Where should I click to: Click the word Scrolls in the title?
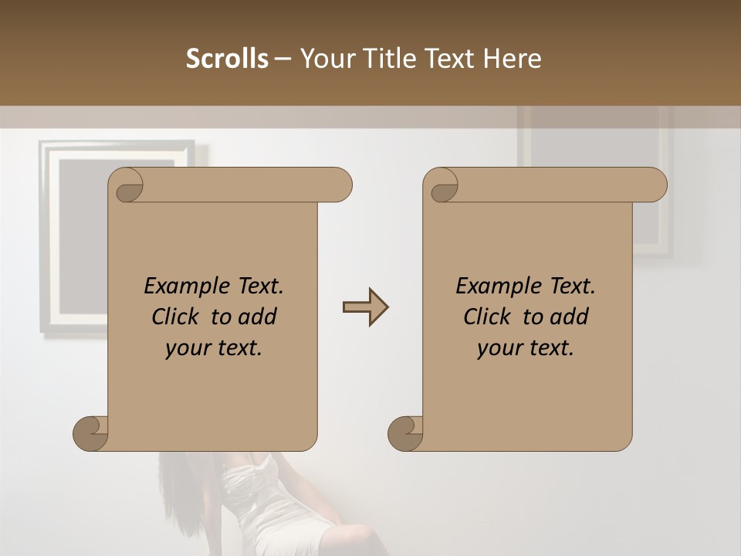(x=227, y=59)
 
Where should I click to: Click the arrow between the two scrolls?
(x=365, y=307)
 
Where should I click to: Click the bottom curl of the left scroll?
(x=90, y=432)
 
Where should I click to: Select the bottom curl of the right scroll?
(x=404, y=432)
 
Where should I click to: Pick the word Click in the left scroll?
(x=178, y=317)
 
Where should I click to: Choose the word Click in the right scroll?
(x=490, y=317)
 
